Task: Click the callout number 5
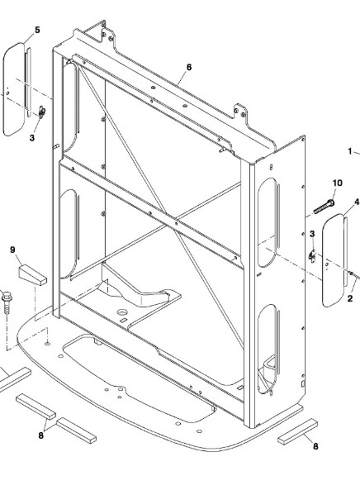pyautogui.click(x=38, y=30)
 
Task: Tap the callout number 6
pyautogui.click(x=189, y=67)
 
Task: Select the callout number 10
pyautogui.click(x=337, y=183)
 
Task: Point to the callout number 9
pyautogui.click(x=13, y=250)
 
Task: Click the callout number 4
pyautogui.click(x=357, y=202)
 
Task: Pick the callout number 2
pyautogui.click(x=350, y=298)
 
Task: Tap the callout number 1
pyautogui.click(x=350, y=151)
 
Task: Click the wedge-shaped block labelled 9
pyautogui.click(x=32, y=275)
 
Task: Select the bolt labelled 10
pyautogui.click(x=324, y=207)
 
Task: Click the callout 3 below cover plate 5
pyautogui.click(x=32, y=138)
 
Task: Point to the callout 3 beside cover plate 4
pyautogui.click(x=312, y=234)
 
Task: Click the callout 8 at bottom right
pyautogui.click(x=315, y=446)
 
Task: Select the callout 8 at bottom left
pyautogui.click(x=41, y=435)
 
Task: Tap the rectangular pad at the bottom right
pyautogui.click(x=297, y=432)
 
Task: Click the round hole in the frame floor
pyautogui.click(x=122, y=312)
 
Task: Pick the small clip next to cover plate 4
pyautogui.click(x=312, y=256)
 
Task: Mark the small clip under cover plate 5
pyautogui.click(x=42, y=112)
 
